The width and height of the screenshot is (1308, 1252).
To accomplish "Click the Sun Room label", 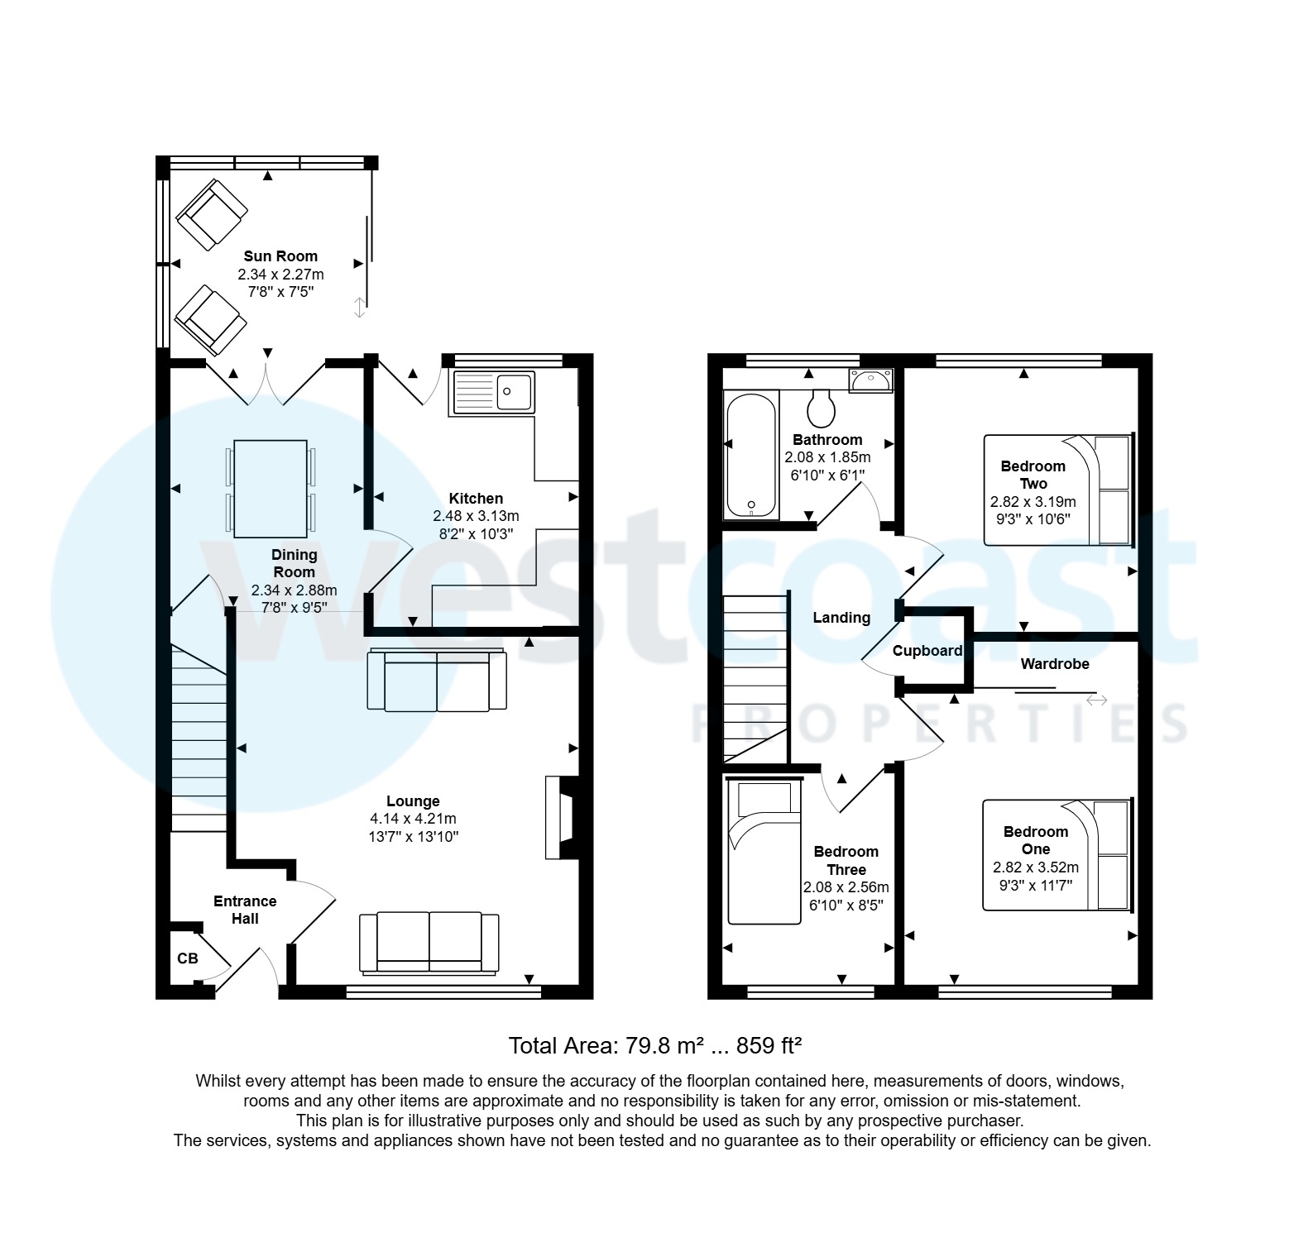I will coord(280,256).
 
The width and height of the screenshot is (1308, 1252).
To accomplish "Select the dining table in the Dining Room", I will coord(271,488).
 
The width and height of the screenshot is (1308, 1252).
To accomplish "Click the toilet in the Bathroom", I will coord(821,408).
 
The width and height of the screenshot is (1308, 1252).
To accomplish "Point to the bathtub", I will coord(751,455).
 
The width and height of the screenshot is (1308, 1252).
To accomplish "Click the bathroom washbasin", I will coord(870,380).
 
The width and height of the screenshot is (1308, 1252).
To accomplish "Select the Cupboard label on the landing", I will coord(927,651).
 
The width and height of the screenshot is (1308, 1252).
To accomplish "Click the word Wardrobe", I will coord(1055,664).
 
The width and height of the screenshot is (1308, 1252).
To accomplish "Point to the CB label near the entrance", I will coord(188,958).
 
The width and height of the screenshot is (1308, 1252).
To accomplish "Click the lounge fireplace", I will coord(559,817).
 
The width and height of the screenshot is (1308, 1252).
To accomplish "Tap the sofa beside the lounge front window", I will coord(429,942).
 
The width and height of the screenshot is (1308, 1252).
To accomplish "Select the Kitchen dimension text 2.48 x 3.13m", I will coord(476,516).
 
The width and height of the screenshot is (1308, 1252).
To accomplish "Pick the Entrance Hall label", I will coord(245,910).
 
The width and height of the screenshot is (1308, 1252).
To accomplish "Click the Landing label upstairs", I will coord(841,618).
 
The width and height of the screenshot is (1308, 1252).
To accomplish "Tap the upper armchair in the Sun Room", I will coord(212,214).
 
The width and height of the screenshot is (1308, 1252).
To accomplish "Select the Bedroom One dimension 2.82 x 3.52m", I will coord(1036,867).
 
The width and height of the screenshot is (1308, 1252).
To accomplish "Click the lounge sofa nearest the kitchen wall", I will coord(437,681).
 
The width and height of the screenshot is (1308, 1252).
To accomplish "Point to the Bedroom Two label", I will coord(1033,475).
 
